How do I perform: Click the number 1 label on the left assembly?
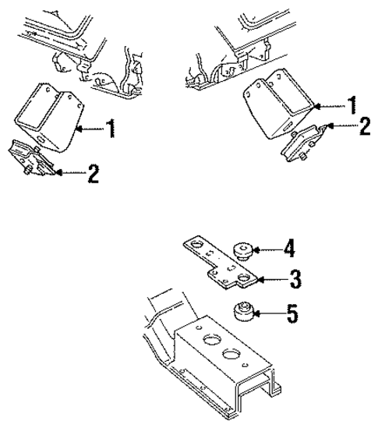[x=112, y=128]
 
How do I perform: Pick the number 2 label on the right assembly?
[x=363, y=126]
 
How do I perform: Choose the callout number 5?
[x=291, y=315]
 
